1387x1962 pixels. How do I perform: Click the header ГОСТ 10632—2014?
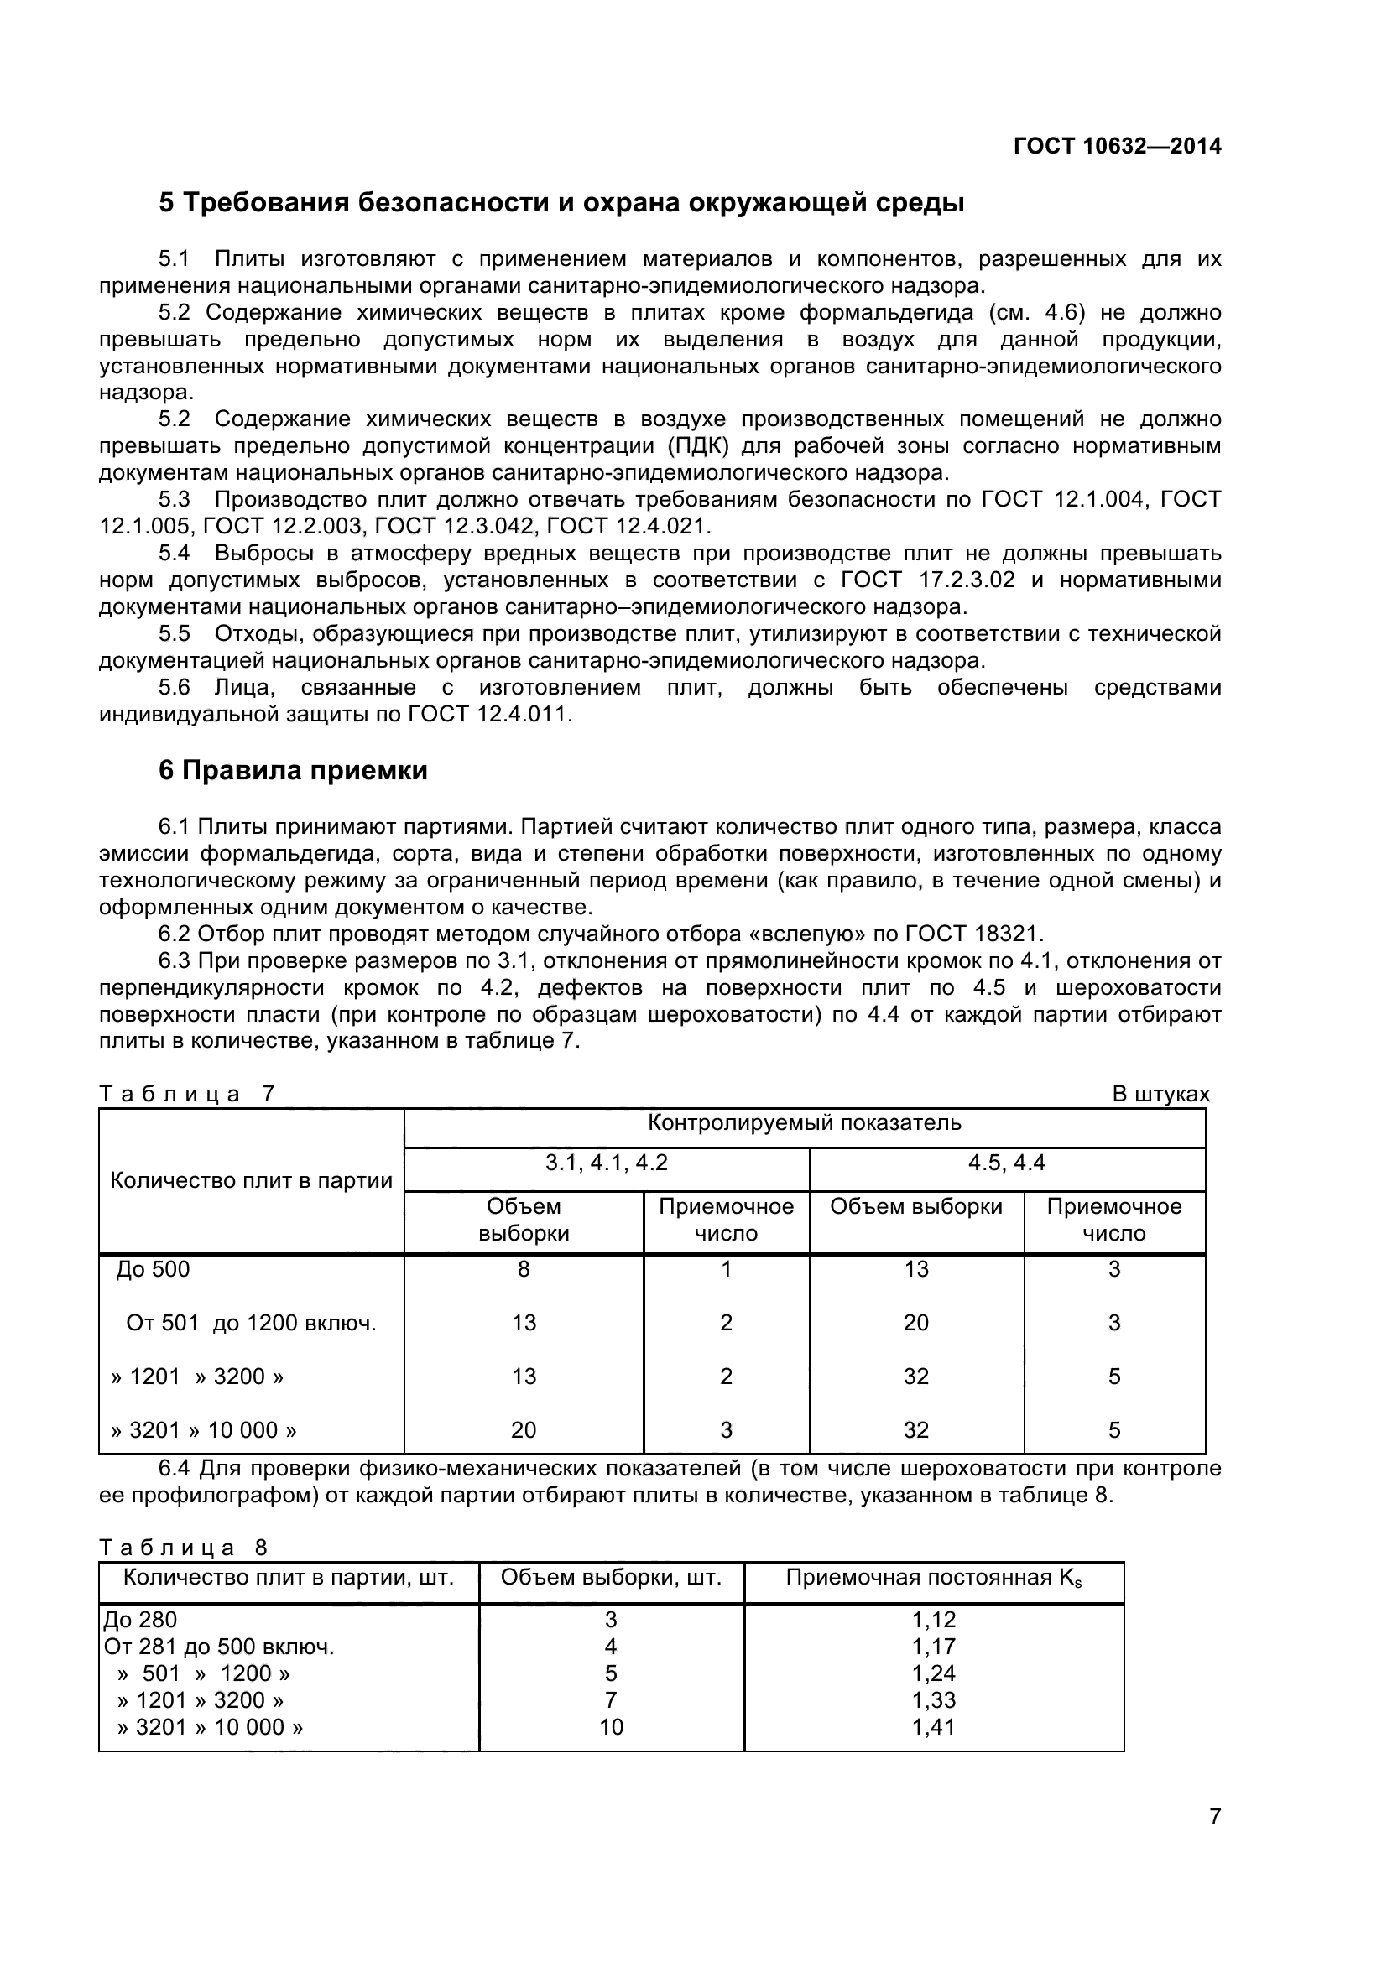(1117, 146)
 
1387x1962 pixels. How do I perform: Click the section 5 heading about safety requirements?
(561, 203)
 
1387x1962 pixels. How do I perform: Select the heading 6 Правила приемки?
(293, 771)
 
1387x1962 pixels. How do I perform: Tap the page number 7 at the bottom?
(1214, 1840)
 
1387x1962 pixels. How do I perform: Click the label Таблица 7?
(186, 1094)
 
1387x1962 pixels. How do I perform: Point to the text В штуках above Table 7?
(1160, 1094)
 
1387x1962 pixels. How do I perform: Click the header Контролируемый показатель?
(804, 1123)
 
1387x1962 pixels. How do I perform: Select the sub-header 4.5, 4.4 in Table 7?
(1006, 1163)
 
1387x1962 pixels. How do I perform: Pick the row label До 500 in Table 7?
(153, 1269)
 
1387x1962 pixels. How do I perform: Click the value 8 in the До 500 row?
(523, 1269)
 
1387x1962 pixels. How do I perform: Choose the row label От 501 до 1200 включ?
(251, 1323)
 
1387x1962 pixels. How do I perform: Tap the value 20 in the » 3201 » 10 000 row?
(523, 1429)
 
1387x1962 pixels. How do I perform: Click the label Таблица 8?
(183, 1548)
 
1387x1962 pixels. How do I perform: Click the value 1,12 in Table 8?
(933, 1619)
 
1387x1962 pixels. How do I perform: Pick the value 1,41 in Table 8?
(933, 1727)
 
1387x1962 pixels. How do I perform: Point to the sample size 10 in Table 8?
(611, 1727)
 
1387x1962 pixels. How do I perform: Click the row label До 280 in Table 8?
(140, 1619)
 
